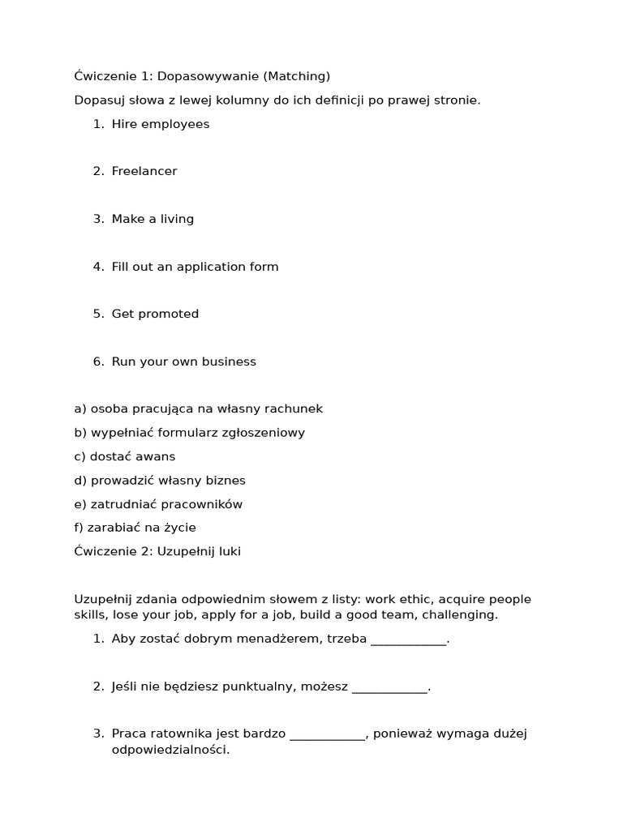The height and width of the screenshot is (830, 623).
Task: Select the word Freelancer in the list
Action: tap(144, 171)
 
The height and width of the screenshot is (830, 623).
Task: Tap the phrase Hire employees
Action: tap(160, 124)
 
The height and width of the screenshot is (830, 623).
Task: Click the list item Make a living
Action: tap(153, 219)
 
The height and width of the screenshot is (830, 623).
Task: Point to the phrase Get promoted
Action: tap(155, 314)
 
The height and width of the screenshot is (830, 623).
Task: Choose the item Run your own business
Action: tap(183, 362)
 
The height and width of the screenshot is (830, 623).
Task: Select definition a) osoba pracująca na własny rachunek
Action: tap(198, 409)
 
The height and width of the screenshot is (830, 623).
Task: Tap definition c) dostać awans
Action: tap(124, 456)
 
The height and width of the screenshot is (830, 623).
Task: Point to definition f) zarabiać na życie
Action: tap(135, 528)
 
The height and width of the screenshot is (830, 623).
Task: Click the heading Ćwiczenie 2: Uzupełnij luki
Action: tap(157, 551)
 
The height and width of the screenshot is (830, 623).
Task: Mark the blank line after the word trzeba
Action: tap(408, 640)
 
